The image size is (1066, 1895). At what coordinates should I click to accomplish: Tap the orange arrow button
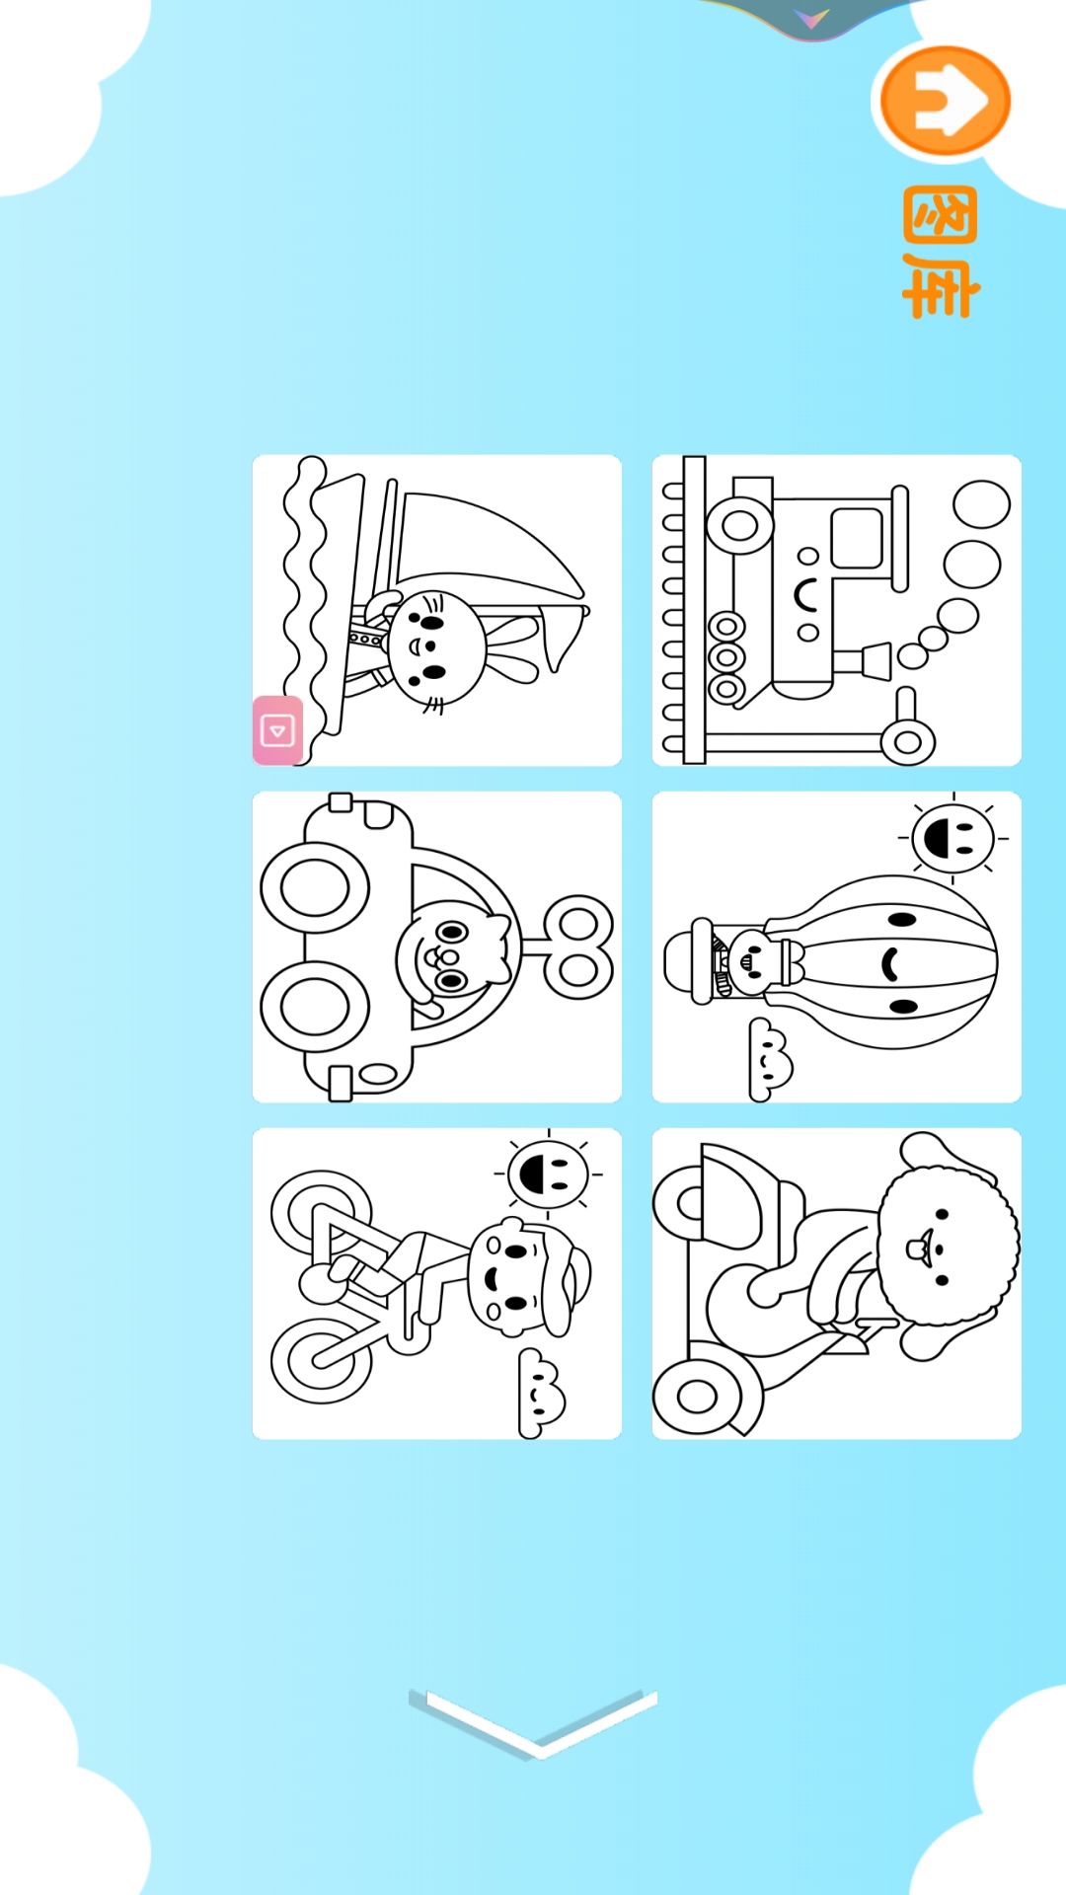[x=945, y=101]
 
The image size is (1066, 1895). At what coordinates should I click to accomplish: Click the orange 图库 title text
[x=941, y=253]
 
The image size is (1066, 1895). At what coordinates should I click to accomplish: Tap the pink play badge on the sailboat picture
[x=277, y=730]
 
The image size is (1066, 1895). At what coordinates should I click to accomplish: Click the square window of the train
[x=857, y=538]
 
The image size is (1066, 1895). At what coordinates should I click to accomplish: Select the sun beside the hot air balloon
[x=952, y=838]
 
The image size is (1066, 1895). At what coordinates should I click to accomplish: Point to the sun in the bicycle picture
[x=548, y=1174]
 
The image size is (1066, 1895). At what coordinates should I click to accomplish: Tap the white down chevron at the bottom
[x=534, y=1722]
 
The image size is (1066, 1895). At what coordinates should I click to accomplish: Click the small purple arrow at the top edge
[x=811, y=18]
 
